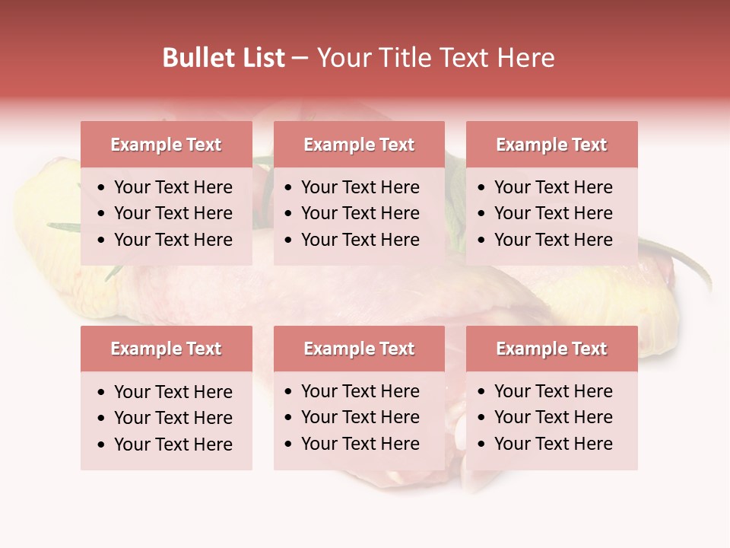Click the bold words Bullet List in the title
[x=224, y=58]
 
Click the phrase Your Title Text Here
[x=435, y=58]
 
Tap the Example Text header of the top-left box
[x=166, y=145]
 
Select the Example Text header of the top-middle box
[x=359, y=145]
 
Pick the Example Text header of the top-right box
[x=551, y=145]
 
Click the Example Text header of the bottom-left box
[x=166, y=349]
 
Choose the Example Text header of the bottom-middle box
[x=359, y=349]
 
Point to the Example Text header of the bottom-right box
[x=551, y=349]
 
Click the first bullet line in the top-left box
[x=173, y=187]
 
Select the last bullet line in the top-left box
[x=173, y=240]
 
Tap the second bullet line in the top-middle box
[x=360, y=213]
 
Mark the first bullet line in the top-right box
[x=554, y=187]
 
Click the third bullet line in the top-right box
[x=554, y=240]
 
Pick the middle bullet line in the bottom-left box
[x=173, y=418]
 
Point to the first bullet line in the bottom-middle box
[x=360, y=391]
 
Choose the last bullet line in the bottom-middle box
[x=360, y=444]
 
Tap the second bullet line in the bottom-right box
[x=554, y=417]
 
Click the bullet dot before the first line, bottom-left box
[x=102, y=393]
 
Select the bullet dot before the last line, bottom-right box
[x=482, y=444]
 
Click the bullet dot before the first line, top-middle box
[x=289, y=188]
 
